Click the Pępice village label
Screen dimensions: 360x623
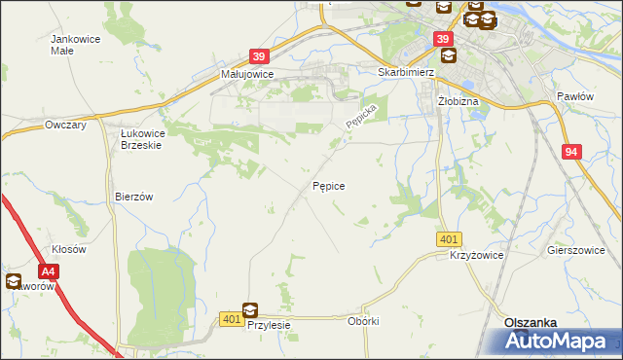click(x=328, y=184)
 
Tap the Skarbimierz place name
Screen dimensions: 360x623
click(x=405, y=72)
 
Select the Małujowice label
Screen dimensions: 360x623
click(x=247, y=74)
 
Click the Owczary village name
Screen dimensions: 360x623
click(x=66, y=126)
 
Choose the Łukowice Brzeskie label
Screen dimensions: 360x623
click(x=133, y=138)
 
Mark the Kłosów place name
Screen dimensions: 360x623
click(x=70, y=249)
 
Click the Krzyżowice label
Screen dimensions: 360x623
click(x=476, y=254)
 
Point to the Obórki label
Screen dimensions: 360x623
click(x=362, y=321)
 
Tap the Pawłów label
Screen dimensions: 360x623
click(x=574, y=96)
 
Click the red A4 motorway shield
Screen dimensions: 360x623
click(x=49, y=273)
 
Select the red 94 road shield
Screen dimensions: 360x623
click(x=572, y=152)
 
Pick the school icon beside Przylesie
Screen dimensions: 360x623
click(x=251, y=310)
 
